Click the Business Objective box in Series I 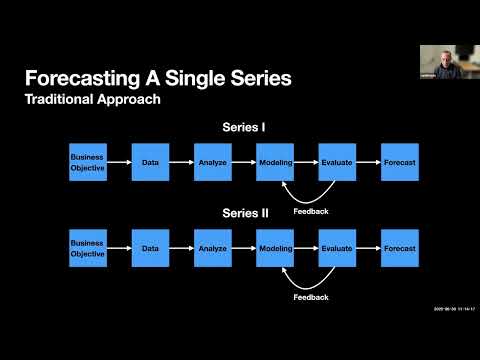click(x=87, y=162)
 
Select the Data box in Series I click(x=150, y=162)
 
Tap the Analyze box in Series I click(x=212, y=162)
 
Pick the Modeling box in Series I click(x=274, y=162)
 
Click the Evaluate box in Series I click(x=337, y=162)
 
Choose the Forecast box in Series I click(x=399, y=162)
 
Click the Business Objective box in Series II click(x=87, y=248)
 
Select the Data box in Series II click(x=150, y=248)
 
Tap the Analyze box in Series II click(x=212, y=248)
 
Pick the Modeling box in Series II click(x=274, y=248)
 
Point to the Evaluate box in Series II click(x=337, y=248)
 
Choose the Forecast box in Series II click(x=399, y=248)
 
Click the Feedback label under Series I click(x=311, y=211)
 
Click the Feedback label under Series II click(x=311, y=297)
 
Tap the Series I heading click(x=243, y=127)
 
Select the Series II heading click(x=243, y=213)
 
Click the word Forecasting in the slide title click(x=92, y=78)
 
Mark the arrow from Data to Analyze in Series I click(x=181, y=162)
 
